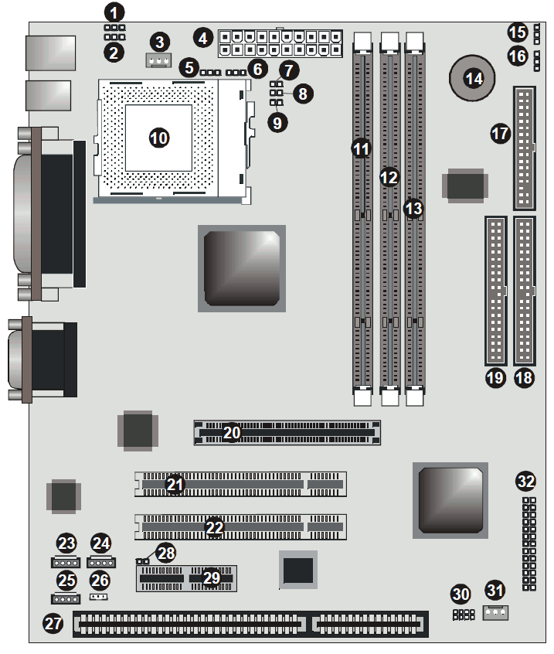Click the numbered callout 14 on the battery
coord(474,78)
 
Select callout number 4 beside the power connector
coord(203,39)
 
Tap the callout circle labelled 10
coord(159,138)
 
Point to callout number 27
coord(53,623)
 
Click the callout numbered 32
coord(525,481)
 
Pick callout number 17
coord(500,134)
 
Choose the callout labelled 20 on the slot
coord(231,432)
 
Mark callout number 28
coord(166,553)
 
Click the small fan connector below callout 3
coord(158,60)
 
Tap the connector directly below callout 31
coord(495,612)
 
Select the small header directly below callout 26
coord(99,597)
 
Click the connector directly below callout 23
coord(66,562)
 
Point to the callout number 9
coord(277,123)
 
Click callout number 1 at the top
coord(114,12)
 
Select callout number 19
coord(495,378)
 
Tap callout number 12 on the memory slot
coord(389,177)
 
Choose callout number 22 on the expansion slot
coord(214,527)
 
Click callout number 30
coord(461,594)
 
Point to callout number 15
coord(518,32)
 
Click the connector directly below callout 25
coord(66,598)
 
